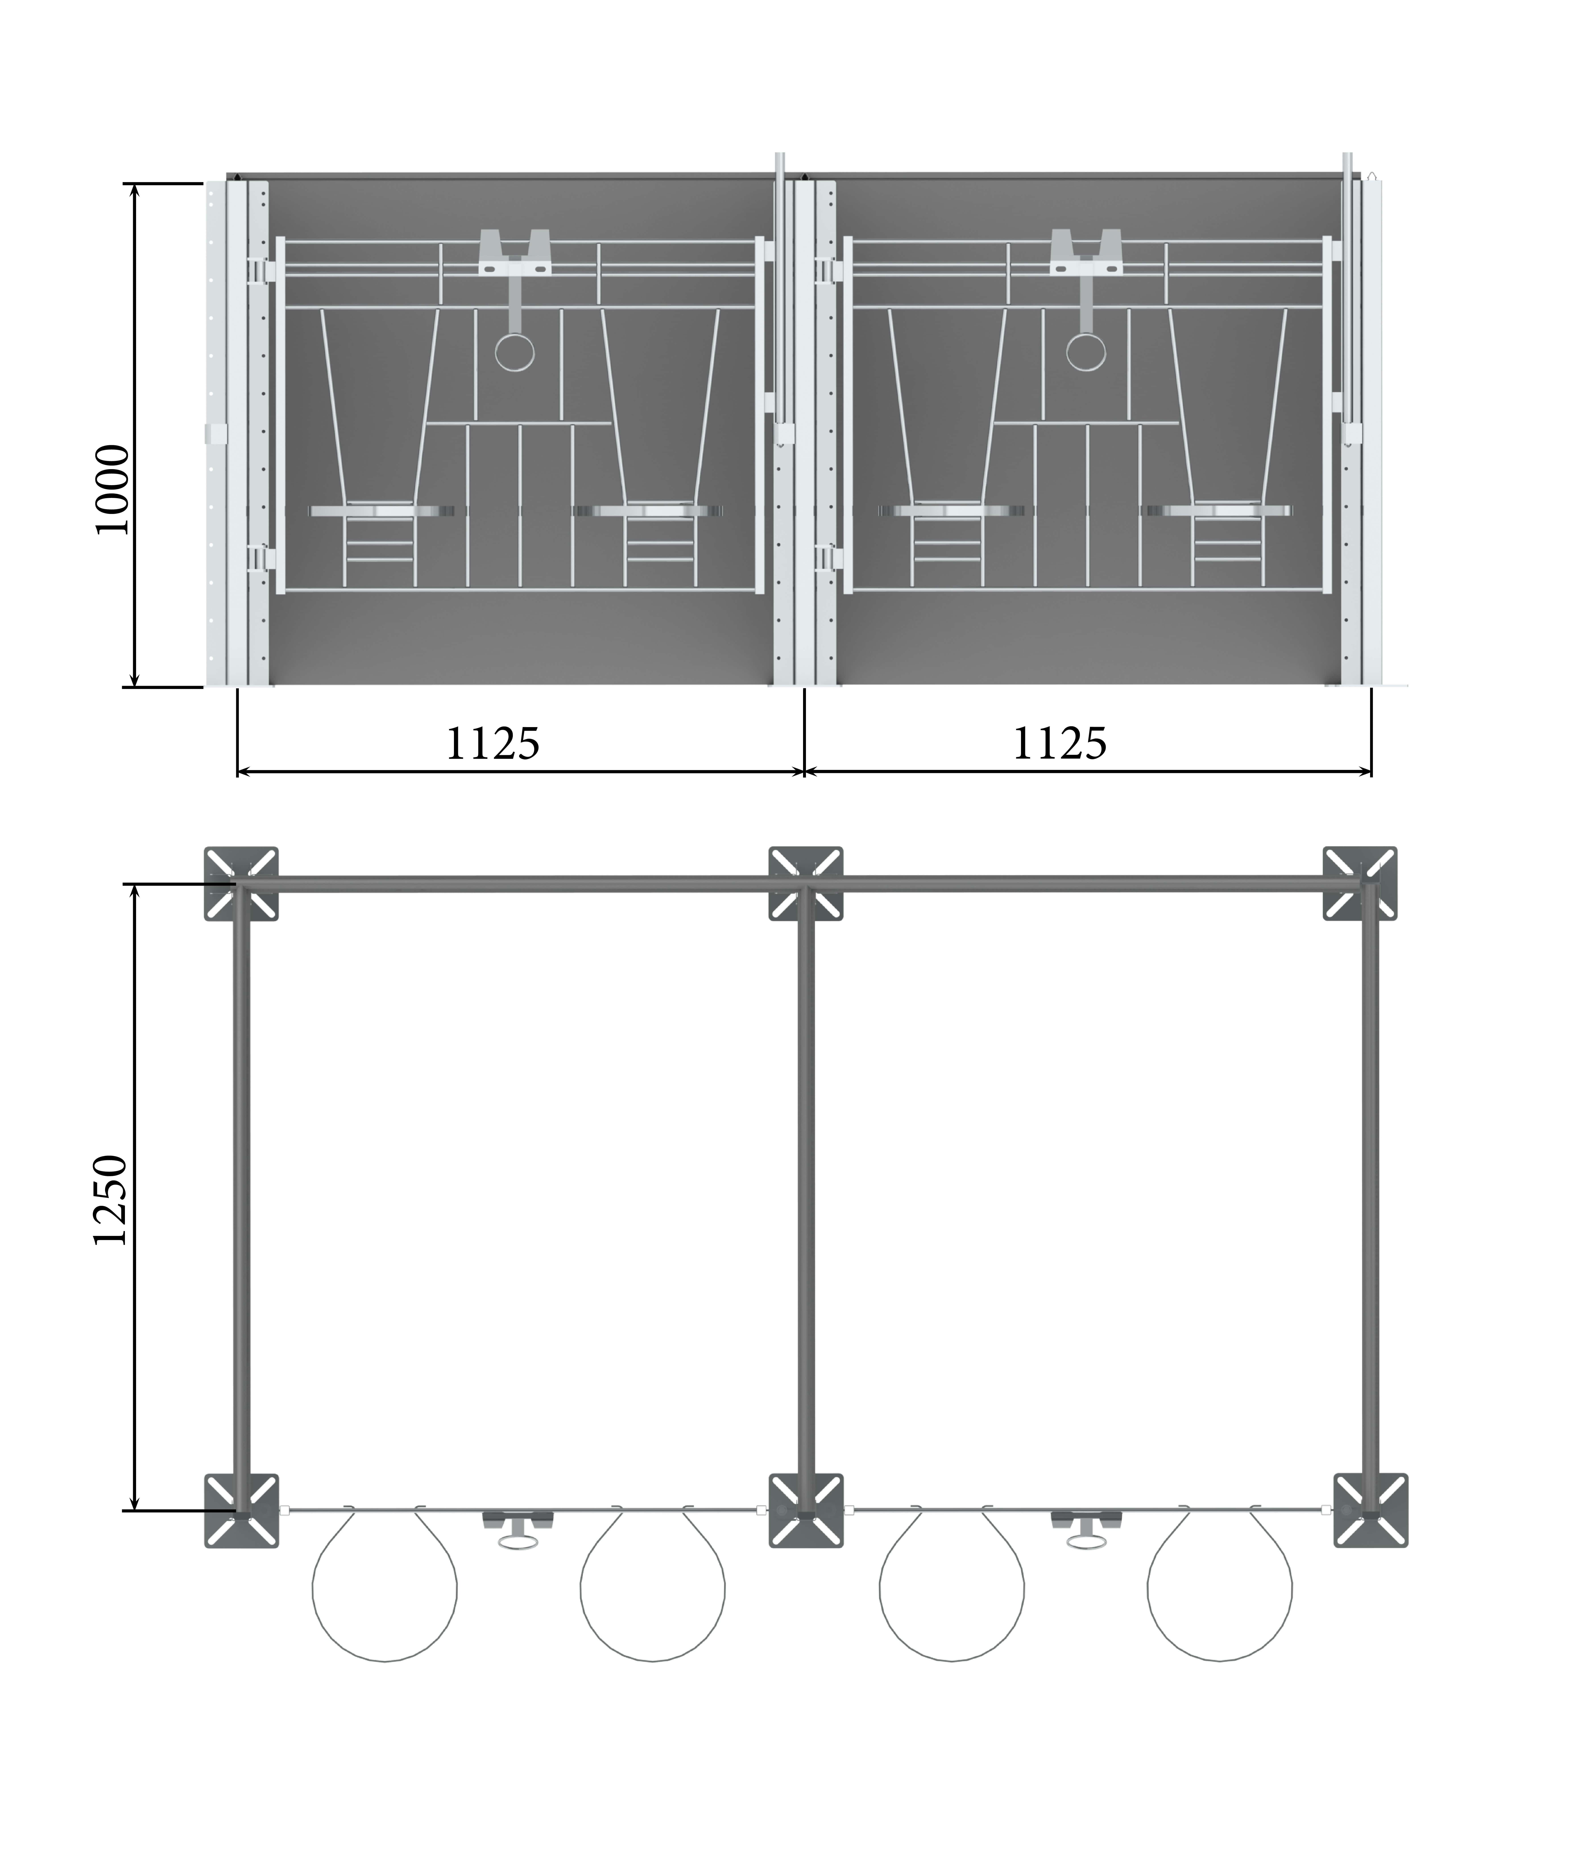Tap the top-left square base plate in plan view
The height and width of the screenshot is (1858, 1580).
point(241,884)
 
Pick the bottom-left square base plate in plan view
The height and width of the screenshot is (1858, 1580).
point(241,1511)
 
